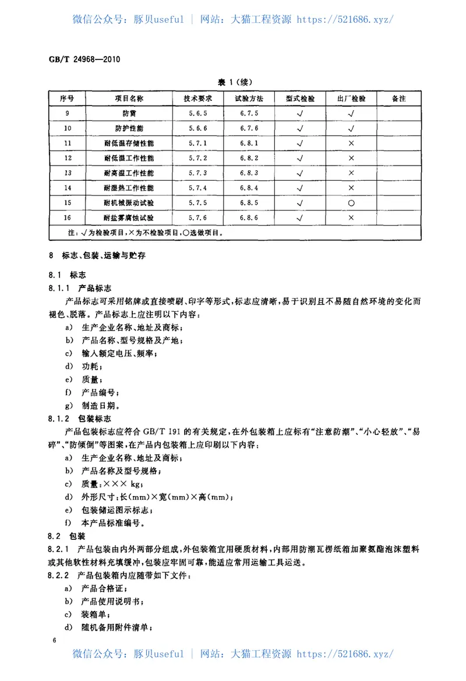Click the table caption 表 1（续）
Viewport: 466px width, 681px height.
pos(235,82)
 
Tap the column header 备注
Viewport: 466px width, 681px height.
pos(399,99)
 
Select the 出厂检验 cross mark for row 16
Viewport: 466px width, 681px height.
pos(351,218)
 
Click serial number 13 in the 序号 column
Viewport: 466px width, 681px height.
pos(68,173)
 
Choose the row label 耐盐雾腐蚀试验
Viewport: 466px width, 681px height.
pos(128,218)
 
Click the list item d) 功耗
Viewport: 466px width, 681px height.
pos(84,366)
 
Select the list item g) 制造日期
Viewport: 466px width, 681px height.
pos(93,405)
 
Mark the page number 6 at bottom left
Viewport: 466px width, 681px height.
pos(54,641)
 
